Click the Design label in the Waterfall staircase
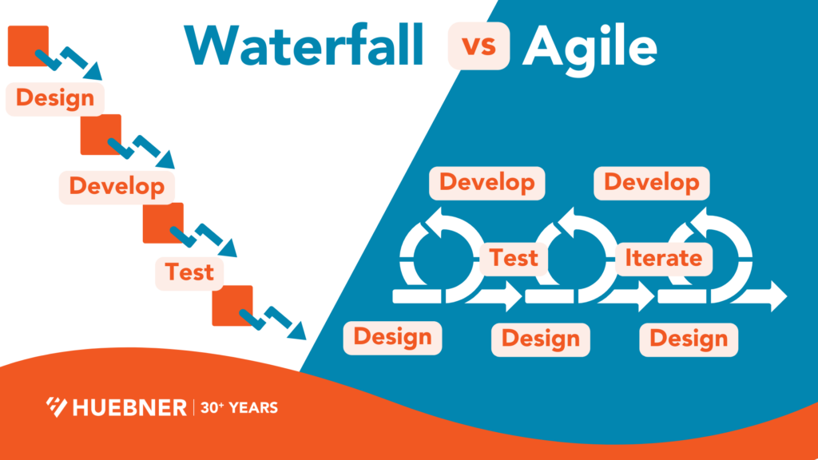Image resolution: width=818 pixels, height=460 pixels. pos(55,98)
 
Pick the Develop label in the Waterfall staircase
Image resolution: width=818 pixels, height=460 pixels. pos(117,186)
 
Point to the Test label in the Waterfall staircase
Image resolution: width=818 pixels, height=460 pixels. pos(189,272)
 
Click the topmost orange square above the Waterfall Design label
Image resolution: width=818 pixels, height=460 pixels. pos(28,46)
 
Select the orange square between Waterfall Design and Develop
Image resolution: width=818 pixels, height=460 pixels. pos(101,134)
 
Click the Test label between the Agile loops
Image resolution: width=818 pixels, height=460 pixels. pos(514,258)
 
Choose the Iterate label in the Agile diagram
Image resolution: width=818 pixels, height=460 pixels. pos(663,258)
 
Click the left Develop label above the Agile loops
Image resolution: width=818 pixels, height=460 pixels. pos(487,182)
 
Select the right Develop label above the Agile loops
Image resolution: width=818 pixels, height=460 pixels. pos(652,182)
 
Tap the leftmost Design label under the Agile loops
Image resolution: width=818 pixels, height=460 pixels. pos(392,336)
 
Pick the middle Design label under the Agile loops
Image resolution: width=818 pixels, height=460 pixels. pos(540,339)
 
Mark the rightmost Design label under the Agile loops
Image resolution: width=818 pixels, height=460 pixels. pos(689,339)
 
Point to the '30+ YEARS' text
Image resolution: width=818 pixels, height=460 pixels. pos(239,407)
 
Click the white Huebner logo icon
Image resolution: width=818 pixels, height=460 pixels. pos(57,407)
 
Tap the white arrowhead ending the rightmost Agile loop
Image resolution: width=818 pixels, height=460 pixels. pos(776,296)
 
